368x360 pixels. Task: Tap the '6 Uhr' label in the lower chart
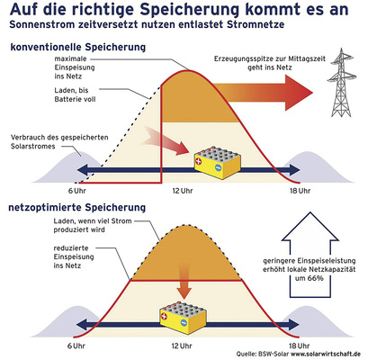(77, 346)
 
